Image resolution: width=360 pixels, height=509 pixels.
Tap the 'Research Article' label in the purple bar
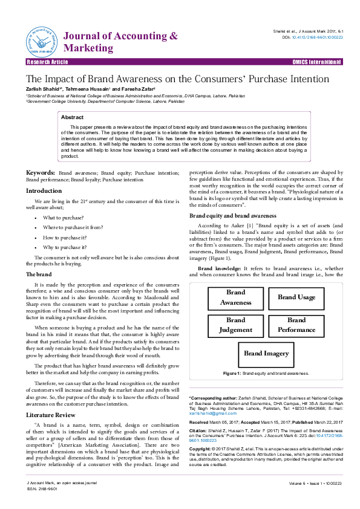(x=47, y=62)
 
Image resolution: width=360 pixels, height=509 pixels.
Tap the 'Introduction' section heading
(x=44, y=190)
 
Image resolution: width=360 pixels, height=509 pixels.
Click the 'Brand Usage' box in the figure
(x=296, y=297)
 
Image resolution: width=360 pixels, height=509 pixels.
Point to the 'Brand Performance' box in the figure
(x=296, y=325)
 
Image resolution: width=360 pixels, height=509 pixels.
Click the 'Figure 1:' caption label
(x=232, y=374)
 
